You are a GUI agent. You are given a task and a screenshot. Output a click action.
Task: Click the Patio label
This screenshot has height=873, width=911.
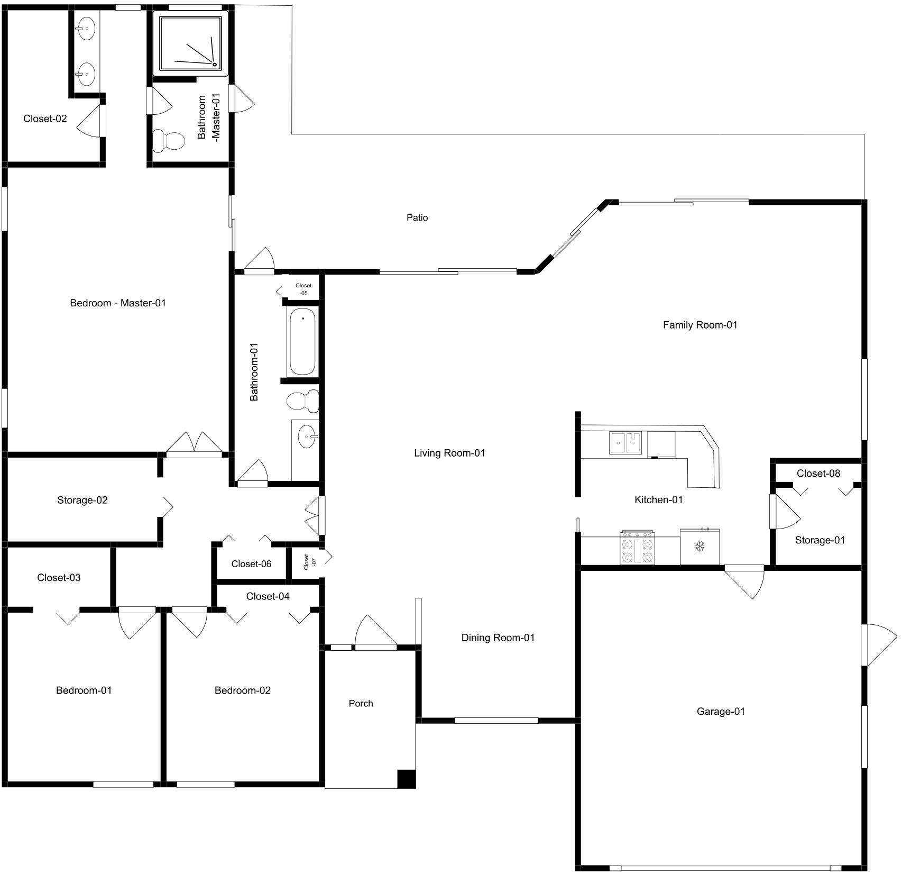coord(417,217)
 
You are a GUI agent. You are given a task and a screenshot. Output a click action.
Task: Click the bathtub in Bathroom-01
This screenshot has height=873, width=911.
coord(302,341)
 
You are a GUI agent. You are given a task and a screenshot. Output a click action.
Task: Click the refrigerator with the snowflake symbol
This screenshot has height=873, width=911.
coord(700,547)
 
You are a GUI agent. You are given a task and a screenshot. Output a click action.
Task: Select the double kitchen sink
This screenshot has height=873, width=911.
coord(625,443)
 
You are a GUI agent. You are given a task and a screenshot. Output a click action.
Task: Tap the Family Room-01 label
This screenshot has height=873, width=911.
coord(700,325)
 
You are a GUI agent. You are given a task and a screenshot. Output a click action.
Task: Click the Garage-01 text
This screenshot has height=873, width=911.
coord(720,712)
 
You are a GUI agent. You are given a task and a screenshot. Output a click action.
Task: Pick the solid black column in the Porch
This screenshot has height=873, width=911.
coord(406,778)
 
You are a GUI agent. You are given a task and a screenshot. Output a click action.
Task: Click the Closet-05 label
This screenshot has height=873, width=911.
coord(303,289)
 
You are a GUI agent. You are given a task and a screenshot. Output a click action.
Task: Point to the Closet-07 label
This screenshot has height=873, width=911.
coord(310,561)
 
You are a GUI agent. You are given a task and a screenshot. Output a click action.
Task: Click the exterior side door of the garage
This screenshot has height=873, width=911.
coord(877,645)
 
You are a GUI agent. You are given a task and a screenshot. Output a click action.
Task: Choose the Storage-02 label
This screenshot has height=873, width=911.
coord(82,500)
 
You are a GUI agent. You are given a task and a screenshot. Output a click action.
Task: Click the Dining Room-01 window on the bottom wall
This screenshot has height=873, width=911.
coord(496,720)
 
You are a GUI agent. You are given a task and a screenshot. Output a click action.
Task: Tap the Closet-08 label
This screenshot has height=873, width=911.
coord(818,473)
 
